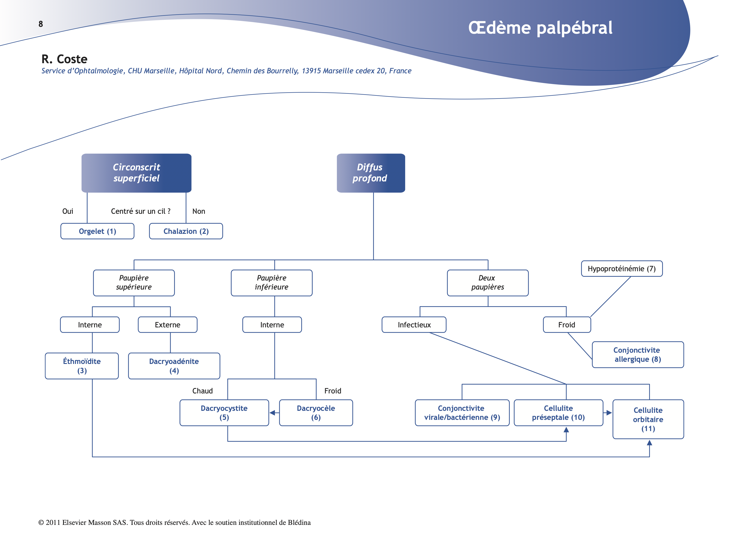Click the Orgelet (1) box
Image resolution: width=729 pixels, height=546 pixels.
97,231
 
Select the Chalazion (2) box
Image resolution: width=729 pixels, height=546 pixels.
186,231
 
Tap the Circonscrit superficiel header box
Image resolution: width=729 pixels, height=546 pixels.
136,173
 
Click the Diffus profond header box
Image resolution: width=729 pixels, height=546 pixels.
371,173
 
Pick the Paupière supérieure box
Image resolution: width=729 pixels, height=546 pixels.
134,283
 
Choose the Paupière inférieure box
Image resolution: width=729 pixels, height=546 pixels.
272,283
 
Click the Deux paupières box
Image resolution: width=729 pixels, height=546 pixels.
487,283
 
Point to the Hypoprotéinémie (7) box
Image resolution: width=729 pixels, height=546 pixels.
622,269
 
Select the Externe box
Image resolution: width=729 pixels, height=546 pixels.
167,325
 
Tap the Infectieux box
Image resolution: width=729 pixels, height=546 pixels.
414,325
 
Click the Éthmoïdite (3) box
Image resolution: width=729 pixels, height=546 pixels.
82,366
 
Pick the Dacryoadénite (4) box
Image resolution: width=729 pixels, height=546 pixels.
174,366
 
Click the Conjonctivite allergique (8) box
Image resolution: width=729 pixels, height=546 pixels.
638,354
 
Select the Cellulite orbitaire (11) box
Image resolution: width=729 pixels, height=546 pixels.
648,419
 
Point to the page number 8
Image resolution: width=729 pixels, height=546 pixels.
41,24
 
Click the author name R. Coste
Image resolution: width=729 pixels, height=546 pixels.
64,59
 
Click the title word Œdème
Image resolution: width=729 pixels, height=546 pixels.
499,28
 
